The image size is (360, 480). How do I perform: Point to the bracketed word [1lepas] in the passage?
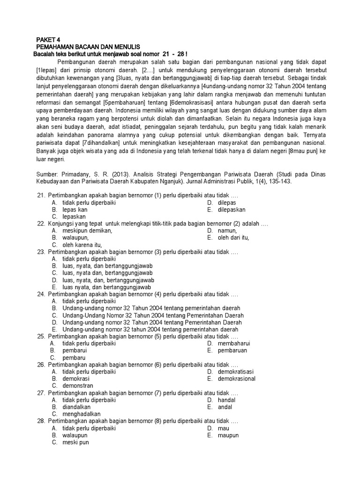(x=47, y=70)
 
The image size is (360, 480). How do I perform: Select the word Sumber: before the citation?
(x=47, y=174)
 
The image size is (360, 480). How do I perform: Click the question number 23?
(x=41, y=252)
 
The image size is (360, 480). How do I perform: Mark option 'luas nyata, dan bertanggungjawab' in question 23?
(x=107, y=287)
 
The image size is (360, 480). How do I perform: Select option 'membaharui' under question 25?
(x=233, y=344)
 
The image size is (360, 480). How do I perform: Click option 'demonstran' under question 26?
(x=78, y=386)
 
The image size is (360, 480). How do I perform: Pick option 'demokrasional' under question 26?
(x=237, y=379)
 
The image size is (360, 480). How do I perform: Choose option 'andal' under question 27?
(x=225, y=407)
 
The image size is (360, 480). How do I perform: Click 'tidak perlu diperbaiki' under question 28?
(x=89, y=428)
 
